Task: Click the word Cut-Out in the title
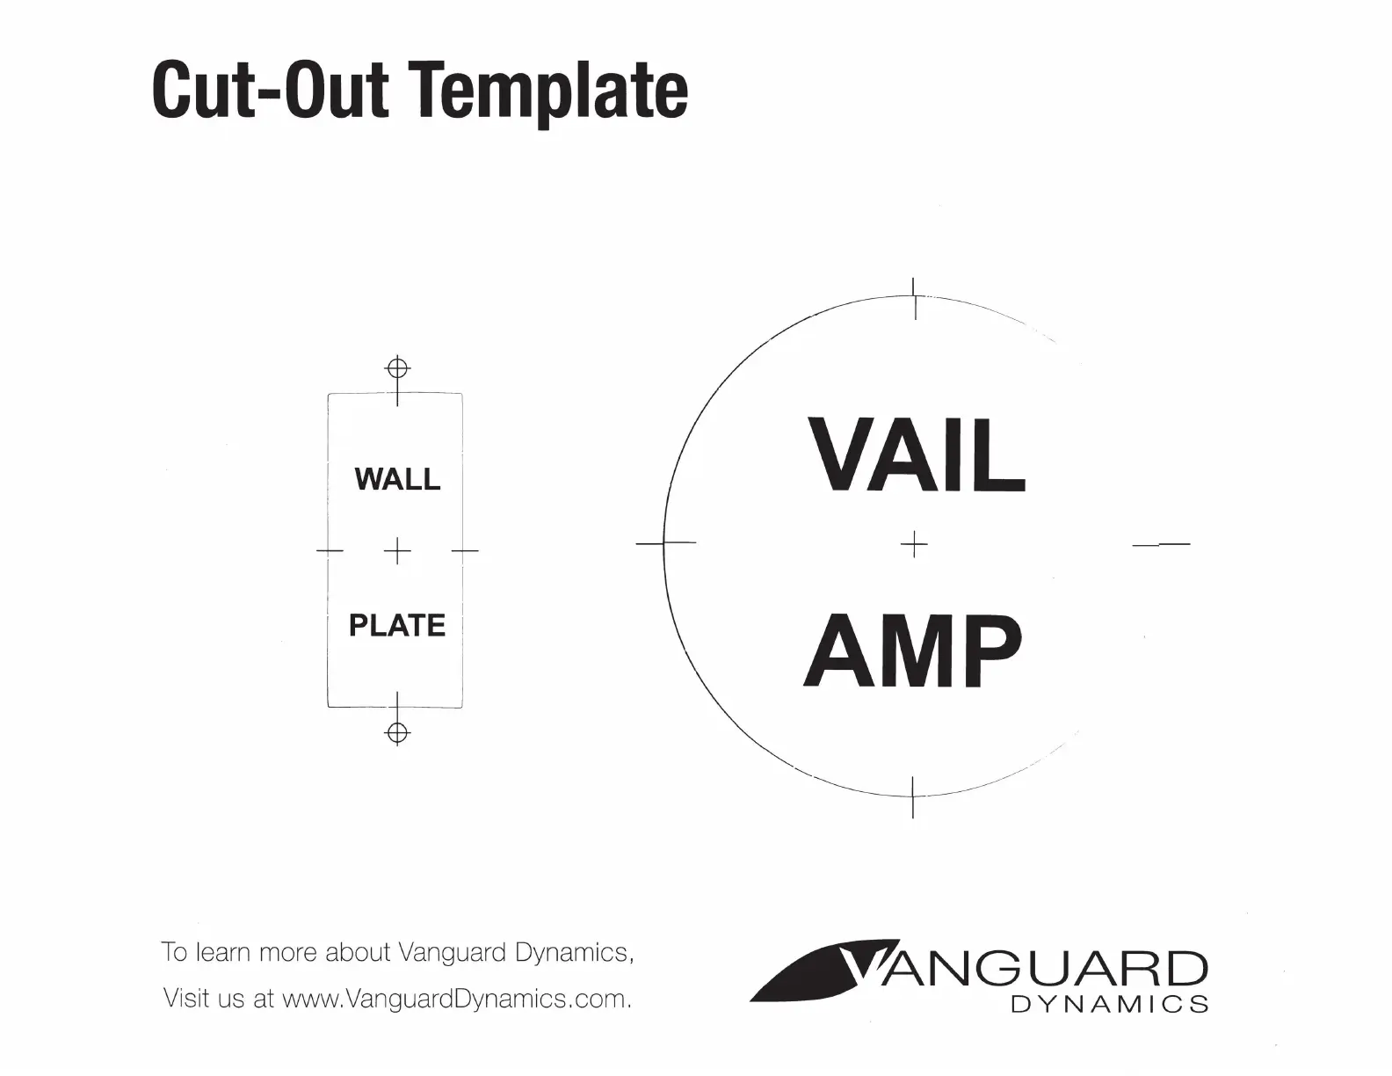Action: [271, 90]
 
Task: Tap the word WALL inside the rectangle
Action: [398, 479]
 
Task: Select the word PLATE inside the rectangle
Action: [397, 626]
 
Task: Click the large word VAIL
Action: [917, 454]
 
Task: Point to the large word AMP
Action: [913, 650]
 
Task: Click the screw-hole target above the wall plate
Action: [398, 368]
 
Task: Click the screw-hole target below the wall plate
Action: [398, 732]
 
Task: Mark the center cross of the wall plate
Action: [398, 550]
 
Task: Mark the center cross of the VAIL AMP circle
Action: [914, 544]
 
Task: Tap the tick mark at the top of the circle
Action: [914, 298]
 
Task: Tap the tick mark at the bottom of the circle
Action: [913, 796]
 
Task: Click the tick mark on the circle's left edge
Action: [665, 542]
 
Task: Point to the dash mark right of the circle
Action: [1162, 544]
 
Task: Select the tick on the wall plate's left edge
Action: [330, 549]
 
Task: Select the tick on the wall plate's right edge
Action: [465, 549]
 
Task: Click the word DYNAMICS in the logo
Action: [1110, 1004]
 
